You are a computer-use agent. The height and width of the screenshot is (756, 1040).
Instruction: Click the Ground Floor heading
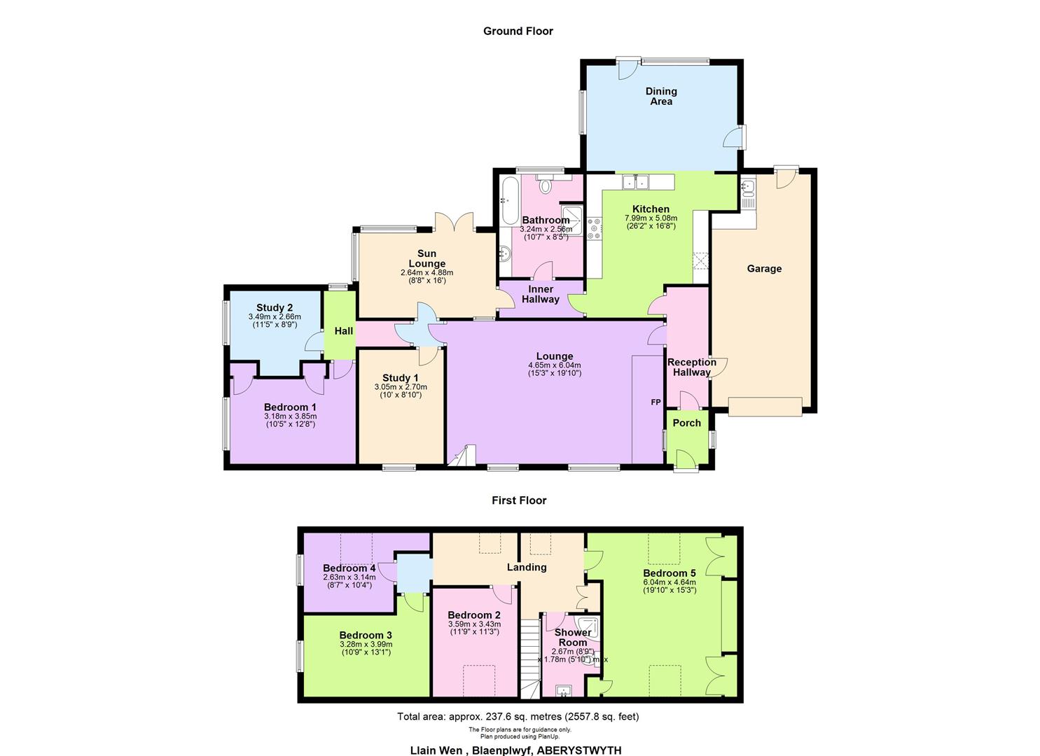[x=518, y=31]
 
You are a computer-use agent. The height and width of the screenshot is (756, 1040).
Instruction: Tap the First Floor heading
[x=518, y=500]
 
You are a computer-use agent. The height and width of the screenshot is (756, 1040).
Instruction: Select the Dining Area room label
[x=660, y=96]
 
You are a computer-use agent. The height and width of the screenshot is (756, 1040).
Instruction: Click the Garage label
[x=763, y=269]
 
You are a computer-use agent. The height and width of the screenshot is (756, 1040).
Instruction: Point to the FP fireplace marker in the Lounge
[x=656, y=402]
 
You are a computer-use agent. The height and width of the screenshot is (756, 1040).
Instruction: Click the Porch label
[x=686, y=423]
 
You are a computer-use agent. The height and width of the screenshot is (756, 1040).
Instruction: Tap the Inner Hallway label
[x=540, y=294]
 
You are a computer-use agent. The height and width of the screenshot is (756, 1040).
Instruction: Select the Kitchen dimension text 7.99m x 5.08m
[x=651, y=218]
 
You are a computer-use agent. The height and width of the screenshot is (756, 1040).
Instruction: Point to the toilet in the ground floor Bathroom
[x=546, y=185]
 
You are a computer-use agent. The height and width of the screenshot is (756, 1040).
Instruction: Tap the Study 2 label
[x=274, y=308]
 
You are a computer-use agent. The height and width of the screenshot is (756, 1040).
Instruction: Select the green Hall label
[x=343, y=331]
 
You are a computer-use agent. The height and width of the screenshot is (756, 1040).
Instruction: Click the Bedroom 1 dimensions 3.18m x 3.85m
[x=290, y=416]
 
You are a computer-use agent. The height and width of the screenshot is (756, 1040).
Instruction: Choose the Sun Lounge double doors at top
[x=455, y=223]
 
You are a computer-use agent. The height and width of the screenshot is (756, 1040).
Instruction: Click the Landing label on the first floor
[x=526, y=568]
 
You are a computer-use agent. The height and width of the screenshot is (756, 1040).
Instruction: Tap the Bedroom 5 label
[x=669, y=573]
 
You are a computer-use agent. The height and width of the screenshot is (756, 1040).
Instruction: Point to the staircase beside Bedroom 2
[x=530, y=658]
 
